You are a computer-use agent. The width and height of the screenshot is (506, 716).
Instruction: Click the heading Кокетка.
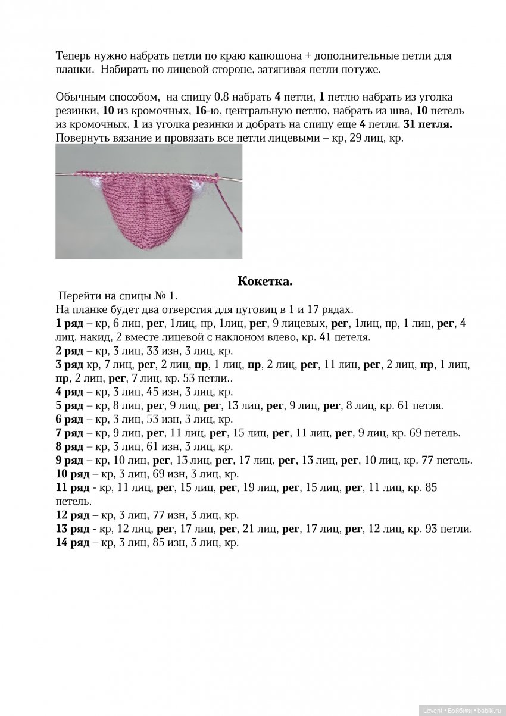point(265,281)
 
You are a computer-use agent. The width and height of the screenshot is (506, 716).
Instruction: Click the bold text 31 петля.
point(428,124)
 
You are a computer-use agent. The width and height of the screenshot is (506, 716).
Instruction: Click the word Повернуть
point(81,138)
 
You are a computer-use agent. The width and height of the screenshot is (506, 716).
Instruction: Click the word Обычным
point(79,97)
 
